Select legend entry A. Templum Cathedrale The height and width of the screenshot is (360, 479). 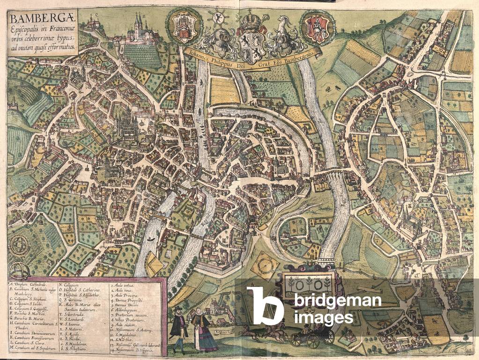coord(31,283)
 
